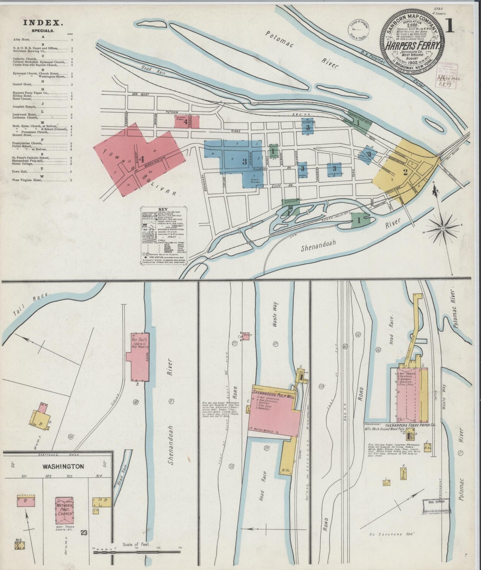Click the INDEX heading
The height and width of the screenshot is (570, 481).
coord(43,23)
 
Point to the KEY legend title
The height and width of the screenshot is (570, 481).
coord(163,209)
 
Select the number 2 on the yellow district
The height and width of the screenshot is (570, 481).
coord(405,172)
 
